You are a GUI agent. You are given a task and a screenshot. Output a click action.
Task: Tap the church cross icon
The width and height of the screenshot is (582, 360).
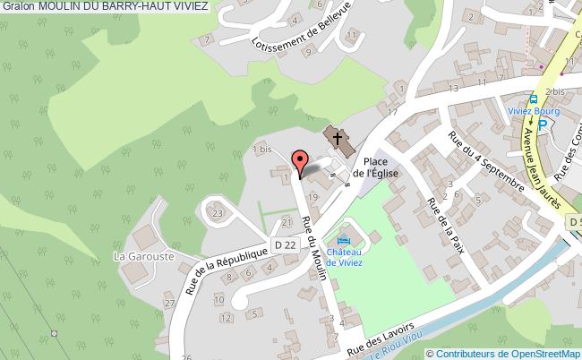pyautogui.click(x=338, y=138)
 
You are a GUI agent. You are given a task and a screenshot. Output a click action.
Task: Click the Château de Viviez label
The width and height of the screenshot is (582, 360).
pyautogui.click(x=343, y=258)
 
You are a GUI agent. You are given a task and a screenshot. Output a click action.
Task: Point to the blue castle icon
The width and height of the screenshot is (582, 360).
pyautogui.click(x=344, y=240)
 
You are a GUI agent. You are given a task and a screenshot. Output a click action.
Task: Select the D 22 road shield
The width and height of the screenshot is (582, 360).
pyautogui.click(x=285, y=244)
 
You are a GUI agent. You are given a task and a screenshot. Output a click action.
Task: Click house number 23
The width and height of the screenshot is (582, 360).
pyautogui.click(x=218, y=213)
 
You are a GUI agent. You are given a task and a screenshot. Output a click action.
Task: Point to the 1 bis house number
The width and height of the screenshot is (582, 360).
pyautogui.click(x=262, y=150)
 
